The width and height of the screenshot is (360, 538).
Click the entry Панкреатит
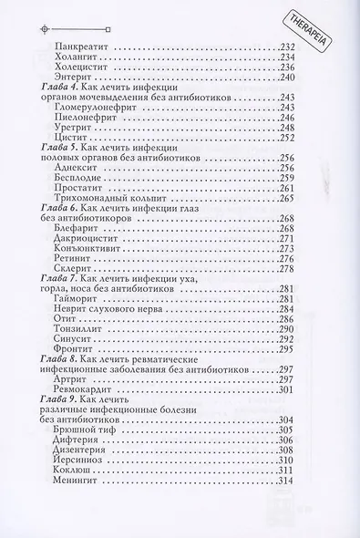click(x=82, y=46)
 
